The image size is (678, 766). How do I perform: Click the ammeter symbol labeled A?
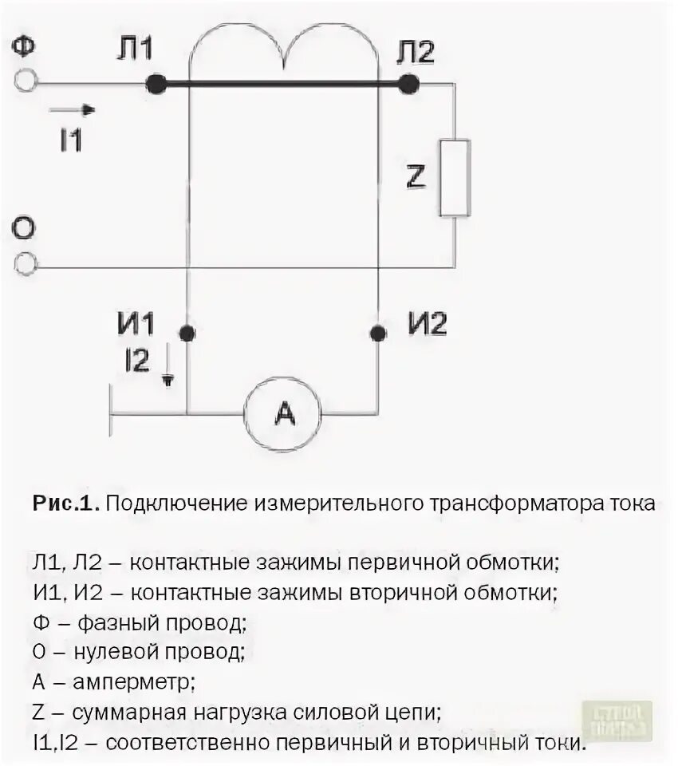[x=282, y=413]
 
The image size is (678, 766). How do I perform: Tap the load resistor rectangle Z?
[x=455, y=177]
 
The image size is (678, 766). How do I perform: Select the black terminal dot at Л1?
[x=156, y=83]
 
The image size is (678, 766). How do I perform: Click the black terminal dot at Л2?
[x=408, y=83]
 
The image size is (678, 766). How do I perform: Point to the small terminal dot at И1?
[x=187, y=333]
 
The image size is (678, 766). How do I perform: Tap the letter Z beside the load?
[x=415, y=177]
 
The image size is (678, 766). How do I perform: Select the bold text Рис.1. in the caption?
[x=65, y=503]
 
